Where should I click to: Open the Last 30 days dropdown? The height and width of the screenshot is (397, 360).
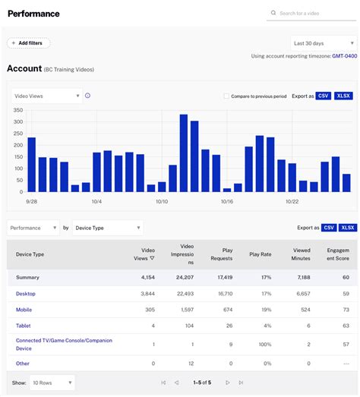click(x=322, y=43)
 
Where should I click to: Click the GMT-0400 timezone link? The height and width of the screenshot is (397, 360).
click(x=343, y=56)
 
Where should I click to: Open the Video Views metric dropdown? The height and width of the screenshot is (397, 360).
click(x=46, y=96)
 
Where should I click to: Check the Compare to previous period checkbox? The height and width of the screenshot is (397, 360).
click(x=226, y=96)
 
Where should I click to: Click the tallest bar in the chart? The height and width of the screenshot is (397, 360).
click(x=184, y=153)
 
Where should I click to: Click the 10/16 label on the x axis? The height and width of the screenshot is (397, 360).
click(x=226, y=202)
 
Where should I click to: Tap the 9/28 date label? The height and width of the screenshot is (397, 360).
click(x=32, y=202)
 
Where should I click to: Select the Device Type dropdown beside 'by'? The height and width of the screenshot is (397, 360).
click(x=107, y=227)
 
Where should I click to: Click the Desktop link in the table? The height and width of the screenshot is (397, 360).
click(x=26, y=294)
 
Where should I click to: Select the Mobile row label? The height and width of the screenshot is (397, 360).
click(x=24, y=310)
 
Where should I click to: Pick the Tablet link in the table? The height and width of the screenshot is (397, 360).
click(x=24, y=326)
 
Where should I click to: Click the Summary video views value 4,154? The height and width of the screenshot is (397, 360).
click(x=147, y=277)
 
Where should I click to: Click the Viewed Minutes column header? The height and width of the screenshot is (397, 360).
click(x=301, y=254)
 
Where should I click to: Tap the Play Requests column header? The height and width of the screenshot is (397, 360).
click(x=222, y=254)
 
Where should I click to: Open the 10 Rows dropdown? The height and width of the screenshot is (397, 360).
click(x=51, y=383)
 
